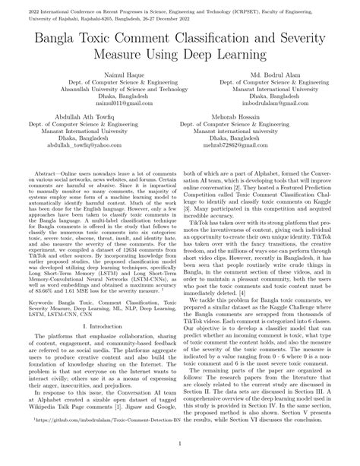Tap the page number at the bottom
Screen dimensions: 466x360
tap(180, 458)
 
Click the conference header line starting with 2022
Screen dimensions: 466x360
tap(180, 5)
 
